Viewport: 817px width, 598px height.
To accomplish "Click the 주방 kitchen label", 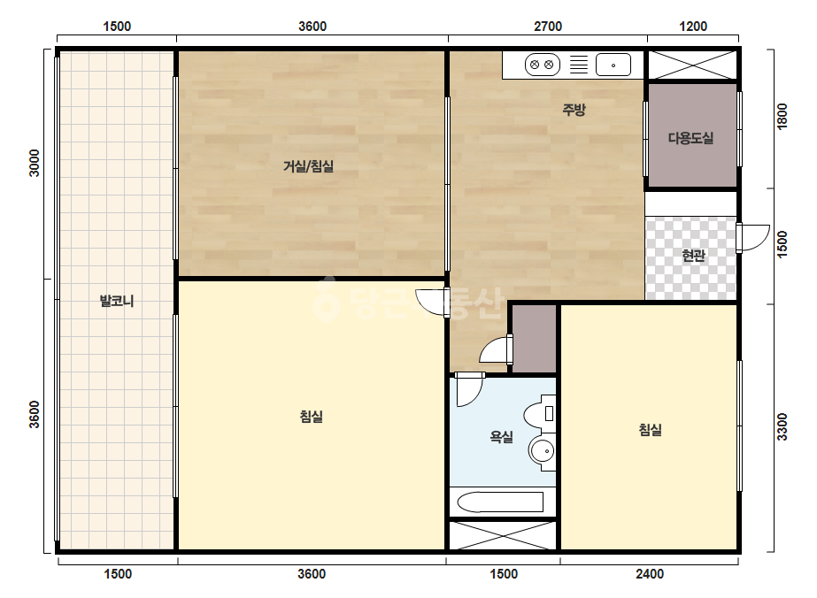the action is point(574,110).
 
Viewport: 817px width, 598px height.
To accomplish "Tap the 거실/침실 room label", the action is point(308,166).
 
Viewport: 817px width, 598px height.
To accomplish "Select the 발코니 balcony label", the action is point(117,301).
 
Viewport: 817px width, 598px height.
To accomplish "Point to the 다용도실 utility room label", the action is point(691,138).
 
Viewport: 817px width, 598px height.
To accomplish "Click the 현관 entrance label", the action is point(693,256).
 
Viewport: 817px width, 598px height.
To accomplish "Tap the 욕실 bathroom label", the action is point(501,436).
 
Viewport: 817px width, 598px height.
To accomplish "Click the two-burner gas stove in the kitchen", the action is point(542,65).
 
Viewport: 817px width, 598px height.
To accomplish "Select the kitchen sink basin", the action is point(613,65).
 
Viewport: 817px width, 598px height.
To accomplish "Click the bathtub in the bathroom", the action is point(500,502).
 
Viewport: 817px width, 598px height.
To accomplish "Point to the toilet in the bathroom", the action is point(539,414).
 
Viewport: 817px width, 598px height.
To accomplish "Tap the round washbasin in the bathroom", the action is point(542,450).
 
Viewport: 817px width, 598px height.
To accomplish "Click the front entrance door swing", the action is point(753,238).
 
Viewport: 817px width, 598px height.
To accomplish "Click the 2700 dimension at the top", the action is point(548,27).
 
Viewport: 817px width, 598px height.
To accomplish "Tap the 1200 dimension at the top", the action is point(693,27).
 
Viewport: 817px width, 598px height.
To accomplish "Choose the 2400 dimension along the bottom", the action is point(649,574).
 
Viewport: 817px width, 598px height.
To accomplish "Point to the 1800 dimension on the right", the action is point(782,116).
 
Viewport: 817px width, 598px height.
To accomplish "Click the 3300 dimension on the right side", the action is point(782,426).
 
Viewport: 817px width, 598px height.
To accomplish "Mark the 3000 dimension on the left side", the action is point(34,163).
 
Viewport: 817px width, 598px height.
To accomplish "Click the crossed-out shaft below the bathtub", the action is point(503,534).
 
